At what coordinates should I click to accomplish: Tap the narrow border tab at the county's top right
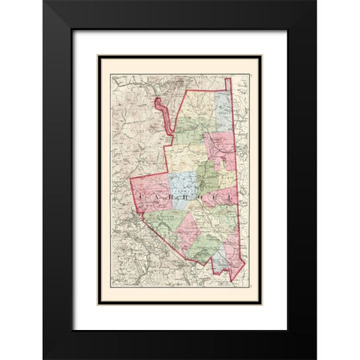click(229, 83)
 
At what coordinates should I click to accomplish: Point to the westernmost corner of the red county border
click(130, 181)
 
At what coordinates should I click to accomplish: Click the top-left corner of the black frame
click(43, 1)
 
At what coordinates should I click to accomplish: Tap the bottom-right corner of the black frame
click(316, 358)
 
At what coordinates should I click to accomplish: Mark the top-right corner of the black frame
click(316, 1)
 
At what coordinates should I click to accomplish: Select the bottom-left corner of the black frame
click(43, 358)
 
